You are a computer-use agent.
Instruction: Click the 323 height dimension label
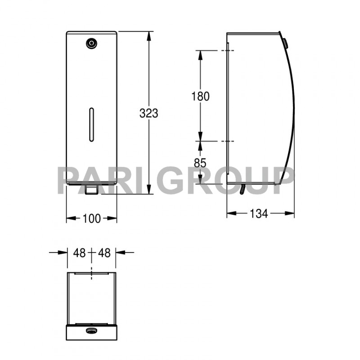149,113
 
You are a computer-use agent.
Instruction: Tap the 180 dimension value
200,96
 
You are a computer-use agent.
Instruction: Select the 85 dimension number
200,163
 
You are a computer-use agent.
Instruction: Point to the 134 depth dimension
259,213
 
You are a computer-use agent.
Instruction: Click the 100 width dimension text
91,218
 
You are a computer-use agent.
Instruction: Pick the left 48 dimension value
80,253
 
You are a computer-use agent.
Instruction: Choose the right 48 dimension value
104,253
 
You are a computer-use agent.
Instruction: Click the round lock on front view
92,43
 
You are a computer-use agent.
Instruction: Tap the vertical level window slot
91,124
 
